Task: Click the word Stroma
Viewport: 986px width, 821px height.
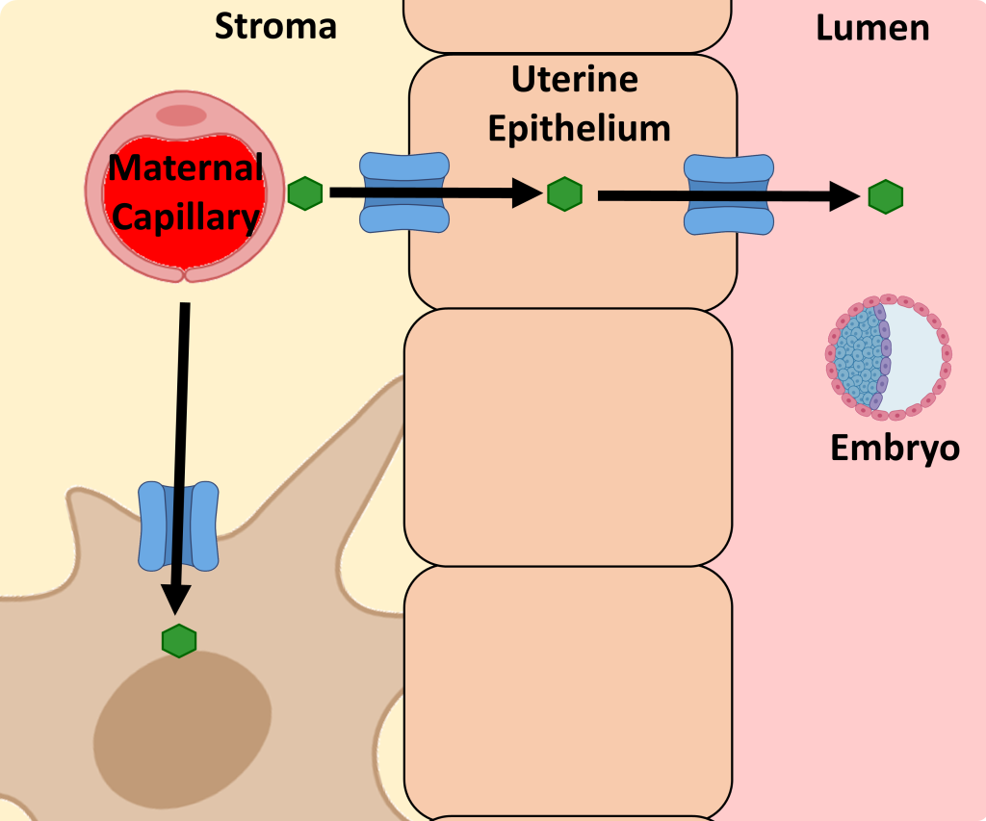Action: (275, 26)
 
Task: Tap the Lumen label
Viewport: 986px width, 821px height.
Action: (872, 28)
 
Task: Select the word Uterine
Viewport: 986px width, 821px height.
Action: (575, 79)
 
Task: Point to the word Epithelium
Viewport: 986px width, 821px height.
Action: (579, 129)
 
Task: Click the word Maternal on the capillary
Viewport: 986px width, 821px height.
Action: (186, 167)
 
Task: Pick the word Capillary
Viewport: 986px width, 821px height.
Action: (186, 218)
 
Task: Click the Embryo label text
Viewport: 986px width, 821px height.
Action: (895, 449)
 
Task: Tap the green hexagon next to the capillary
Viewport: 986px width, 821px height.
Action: (305, 193)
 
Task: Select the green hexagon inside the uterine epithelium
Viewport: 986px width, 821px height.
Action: (564, 193)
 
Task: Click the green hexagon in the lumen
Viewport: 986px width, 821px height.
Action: (886, 196)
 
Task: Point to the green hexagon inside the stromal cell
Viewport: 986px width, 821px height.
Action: (179, 641)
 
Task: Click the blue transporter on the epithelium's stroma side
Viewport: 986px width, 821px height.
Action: (404, 192)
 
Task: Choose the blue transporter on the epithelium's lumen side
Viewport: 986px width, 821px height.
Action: (729, 194)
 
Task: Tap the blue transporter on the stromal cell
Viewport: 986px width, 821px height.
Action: (178, 526)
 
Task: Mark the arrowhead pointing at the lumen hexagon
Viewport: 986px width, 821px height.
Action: (844, 196)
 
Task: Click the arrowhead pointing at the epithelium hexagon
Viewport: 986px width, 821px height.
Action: (527, 192)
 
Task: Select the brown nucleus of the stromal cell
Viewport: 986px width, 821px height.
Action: (182, 731)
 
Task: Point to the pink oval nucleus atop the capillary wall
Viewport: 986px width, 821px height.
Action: (181, 115)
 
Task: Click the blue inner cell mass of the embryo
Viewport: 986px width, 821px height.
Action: (860, 355)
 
